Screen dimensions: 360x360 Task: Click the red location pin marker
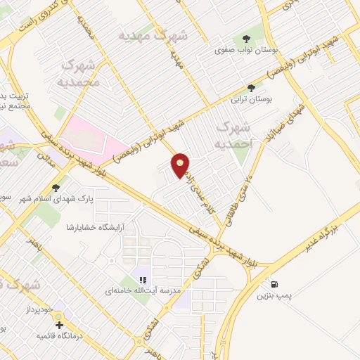point(181,165)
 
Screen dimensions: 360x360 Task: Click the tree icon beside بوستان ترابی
point(251,87)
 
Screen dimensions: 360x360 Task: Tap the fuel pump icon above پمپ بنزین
point(274,285)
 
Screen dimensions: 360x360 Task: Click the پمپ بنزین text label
point(274,297)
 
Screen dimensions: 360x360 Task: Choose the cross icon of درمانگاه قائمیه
point(60,326)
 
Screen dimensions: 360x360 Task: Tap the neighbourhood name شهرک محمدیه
point(82,74)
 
